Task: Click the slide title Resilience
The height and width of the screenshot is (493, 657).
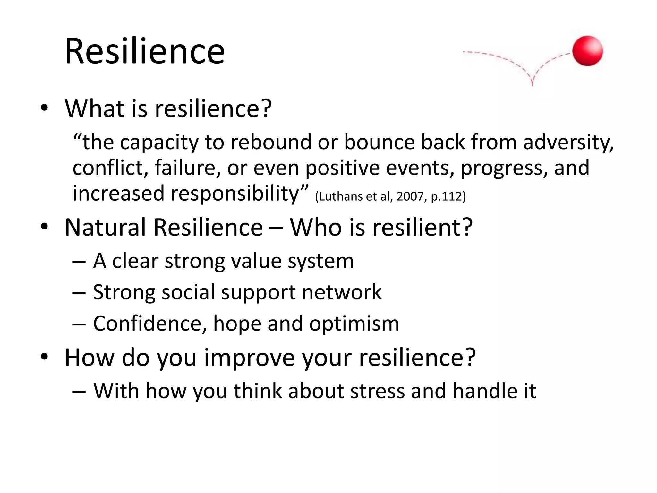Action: coord(144,51)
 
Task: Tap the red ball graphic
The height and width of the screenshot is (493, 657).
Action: coord(587,51)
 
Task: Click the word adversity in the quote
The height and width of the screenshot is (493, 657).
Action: coord(568,142)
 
